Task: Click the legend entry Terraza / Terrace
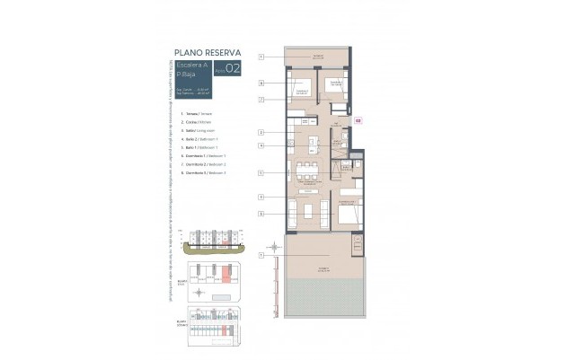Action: tap(199, 115)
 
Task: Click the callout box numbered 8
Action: tap(261, 83)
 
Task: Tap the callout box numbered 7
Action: tap(261, 99)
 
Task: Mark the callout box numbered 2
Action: tap(261, 132)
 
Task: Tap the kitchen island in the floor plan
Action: tap(310, 142)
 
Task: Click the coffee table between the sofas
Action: tap(311, 211)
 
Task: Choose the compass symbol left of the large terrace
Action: tap(272, 248)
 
